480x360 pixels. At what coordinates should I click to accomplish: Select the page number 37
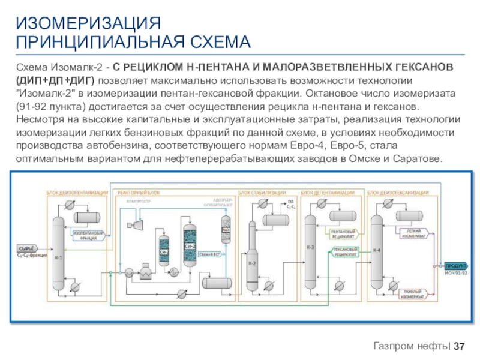coord(460,347)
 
